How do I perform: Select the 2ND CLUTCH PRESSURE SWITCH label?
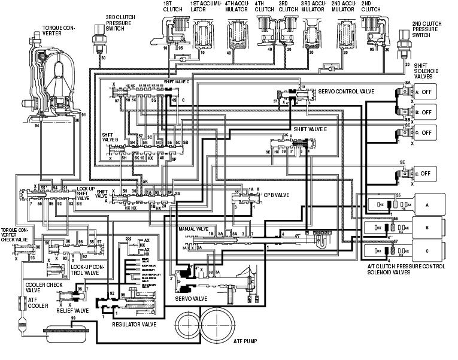(426, 28)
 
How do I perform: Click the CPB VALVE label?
(275, 195)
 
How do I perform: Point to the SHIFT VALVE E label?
(310, 129)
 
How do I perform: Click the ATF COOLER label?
(37, 302)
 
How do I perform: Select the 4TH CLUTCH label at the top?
(263, 7)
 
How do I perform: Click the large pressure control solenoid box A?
(427, 204)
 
